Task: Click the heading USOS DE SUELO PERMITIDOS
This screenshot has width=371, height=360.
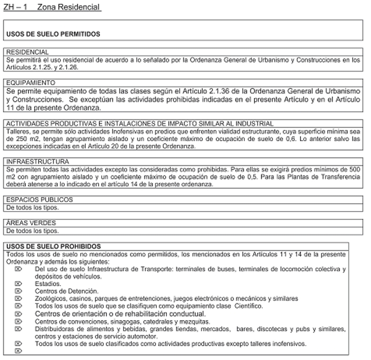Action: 53,34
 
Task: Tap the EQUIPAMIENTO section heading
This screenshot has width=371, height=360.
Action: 30,83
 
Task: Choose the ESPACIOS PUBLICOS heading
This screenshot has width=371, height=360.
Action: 39,200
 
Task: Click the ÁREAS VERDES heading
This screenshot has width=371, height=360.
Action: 31,223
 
